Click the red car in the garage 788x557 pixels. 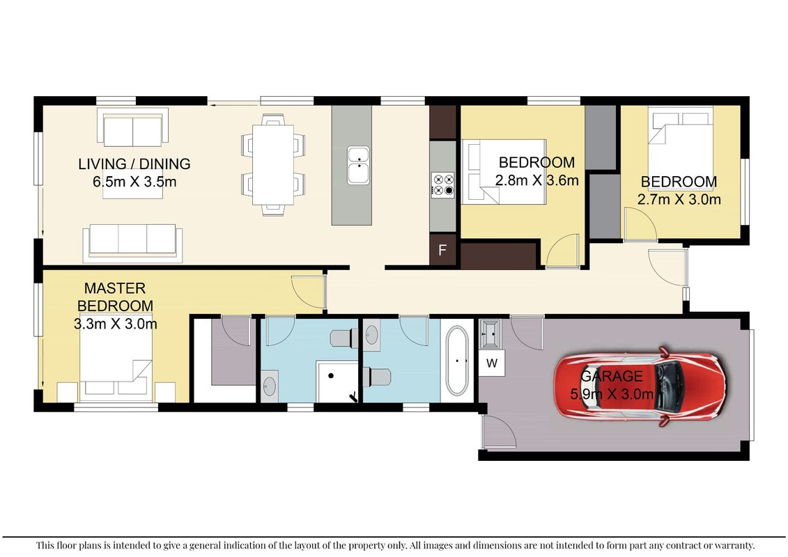tap(639, 386)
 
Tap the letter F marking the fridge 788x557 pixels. tap(442, 250)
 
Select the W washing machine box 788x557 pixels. tap(491, 363)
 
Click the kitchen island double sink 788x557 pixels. tap(358, 165)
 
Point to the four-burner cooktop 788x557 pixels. tap(442, 185)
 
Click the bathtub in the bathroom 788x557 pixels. tap(457, 361)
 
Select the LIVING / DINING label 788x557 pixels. tap(134, 164)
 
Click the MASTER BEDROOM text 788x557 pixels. tap(115, 297)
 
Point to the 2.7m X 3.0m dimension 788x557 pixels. tap(679, 199)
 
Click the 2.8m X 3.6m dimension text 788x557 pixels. tap(536, 180)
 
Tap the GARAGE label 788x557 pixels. tap(612, 376)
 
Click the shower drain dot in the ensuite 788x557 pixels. tap(331, 375)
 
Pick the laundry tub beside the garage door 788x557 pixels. tap(490, 334)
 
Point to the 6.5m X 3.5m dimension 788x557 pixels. tap(134, 181)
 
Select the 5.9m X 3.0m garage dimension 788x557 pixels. tap(612, 394)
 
